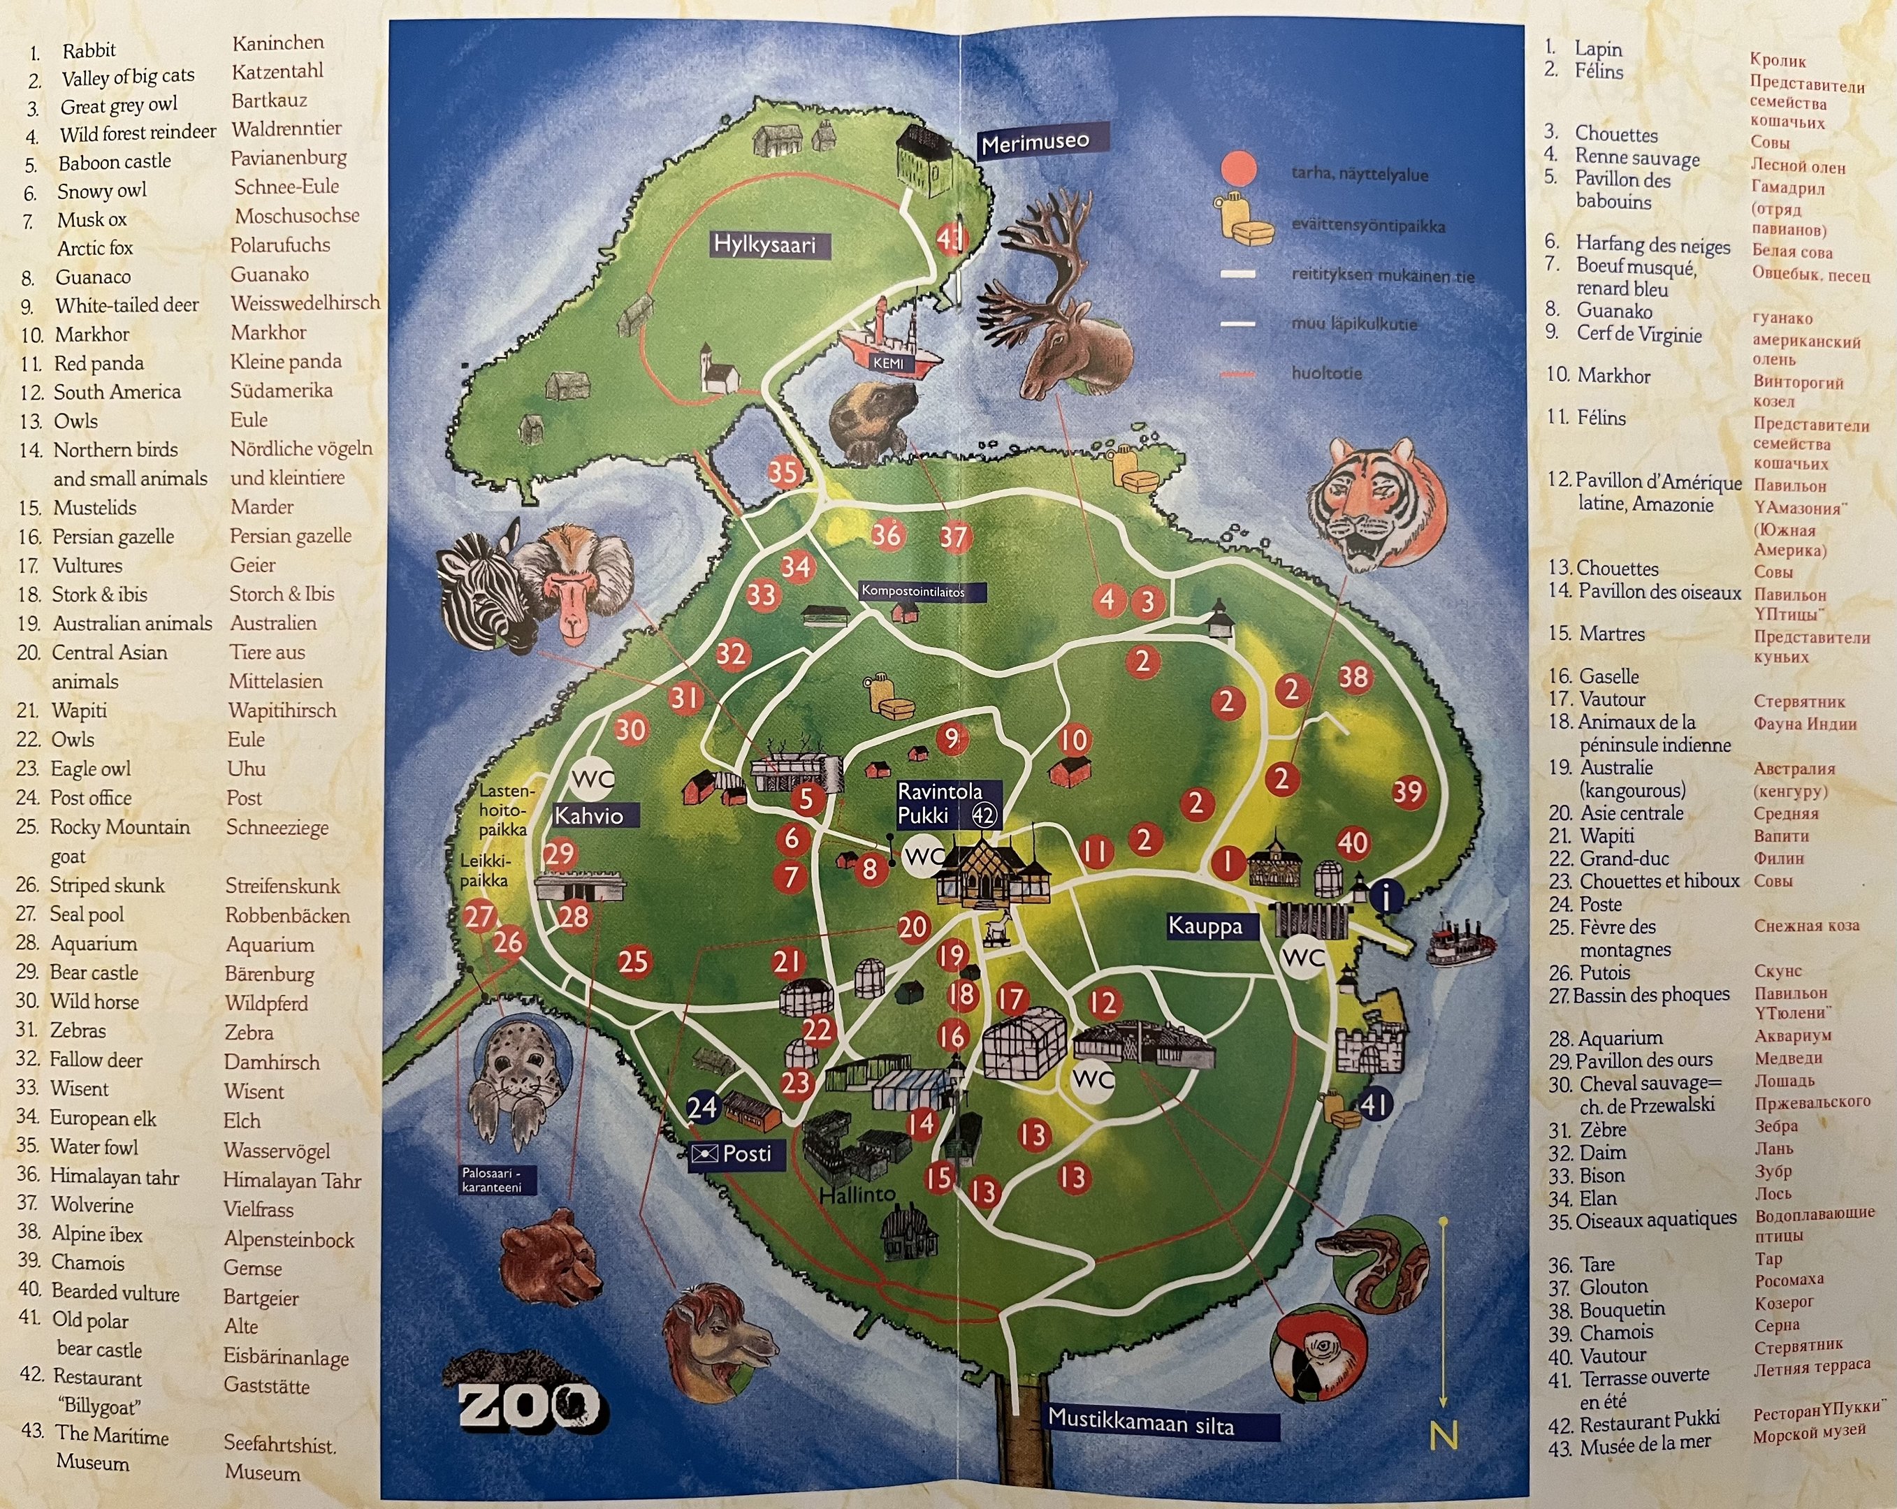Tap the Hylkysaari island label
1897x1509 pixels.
click(x=764, y=245)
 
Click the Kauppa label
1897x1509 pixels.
click(x=1205, y=926)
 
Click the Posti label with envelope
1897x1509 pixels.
click(x=732, y=1153)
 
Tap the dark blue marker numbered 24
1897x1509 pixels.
click(x=702, y=1106)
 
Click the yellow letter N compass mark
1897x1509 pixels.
click(x=1443, y=1435)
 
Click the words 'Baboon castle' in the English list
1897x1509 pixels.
click(x=115, y=162)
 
